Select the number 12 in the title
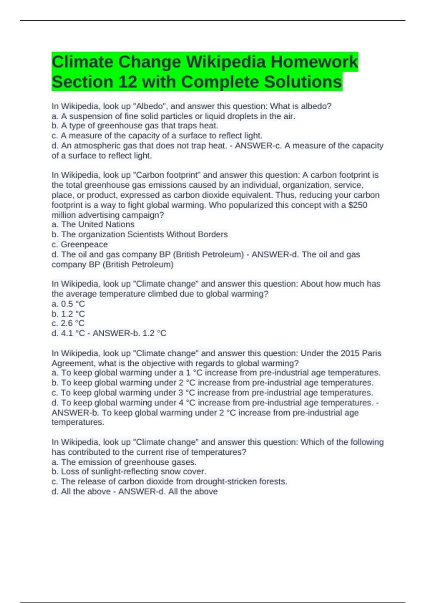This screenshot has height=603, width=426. point(127,82)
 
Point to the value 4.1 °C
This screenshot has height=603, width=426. point(73,333)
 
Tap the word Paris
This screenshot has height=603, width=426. point(372,353)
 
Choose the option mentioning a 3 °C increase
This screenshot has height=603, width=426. point(212,393)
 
